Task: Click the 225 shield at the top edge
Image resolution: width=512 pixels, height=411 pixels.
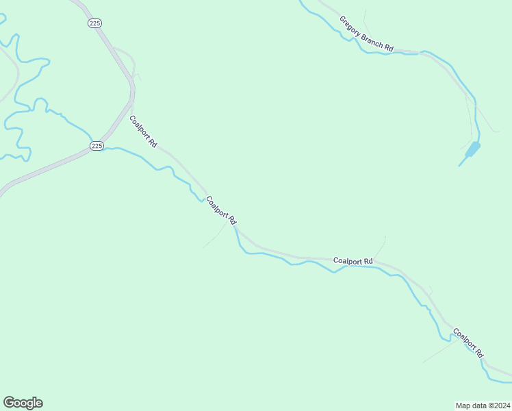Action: (x=94, y=23)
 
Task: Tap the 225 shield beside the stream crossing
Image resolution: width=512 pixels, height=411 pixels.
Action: (x=97, y=146)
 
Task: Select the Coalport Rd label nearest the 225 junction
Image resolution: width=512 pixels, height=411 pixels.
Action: (x=143, y=132)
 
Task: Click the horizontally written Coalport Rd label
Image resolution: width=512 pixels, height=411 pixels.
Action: (x=353, y=261)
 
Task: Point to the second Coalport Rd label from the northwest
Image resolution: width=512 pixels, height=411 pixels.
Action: (x=221, y=211)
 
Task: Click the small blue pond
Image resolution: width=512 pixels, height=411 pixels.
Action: (x=472, y=148)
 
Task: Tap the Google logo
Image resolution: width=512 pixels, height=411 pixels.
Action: (x=23, y=403)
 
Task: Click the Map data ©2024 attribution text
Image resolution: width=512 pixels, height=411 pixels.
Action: (x=483, y=405)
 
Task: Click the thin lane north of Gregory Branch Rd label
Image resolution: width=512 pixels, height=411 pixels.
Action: (x=366, y=18)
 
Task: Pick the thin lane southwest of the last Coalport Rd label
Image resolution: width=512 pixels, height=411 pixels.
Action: (x=438, y=352)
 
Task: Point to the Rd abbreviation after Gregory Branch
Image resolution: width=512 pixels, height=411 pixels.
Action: (x=389, y=48)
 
